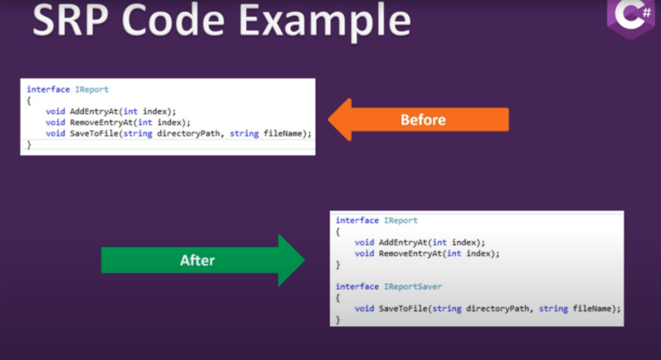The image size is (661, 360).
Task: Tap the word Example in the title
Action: tap(325, 21)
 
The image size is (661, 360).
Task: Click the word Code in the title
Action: tap(173, 21)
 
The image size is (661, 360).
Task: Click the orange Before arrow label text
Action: tap(423, 120)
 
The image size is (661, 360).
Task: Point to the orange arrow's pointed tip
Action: tap(329, 120)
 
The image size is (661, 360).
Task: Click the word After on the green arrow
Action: tap(197, 260)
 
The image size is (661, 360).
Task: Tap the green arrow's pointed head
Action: tap(304, 260)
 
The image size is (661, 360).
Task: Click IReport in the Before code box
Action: tap(91, 89)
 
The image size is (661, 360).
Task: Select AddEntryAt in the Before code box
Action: tap(94, 111)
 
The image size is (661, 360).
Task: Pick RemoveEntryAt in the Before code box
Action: tap(101, 122)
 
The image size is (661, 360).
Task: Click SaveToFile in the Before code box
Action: tap(94, 133)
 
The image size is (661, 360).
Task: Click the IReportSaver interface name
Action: tap(412, 287)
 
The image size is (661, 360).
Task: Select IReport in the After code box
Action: tap(400, 220)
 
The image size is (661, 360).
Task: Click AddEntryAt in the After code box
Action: tap(403, 243)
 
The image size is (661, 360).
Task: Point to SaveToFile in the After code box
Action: tap(403, 309)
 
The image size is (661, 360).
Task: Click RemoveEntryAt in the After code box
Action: tap(410, 253)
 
